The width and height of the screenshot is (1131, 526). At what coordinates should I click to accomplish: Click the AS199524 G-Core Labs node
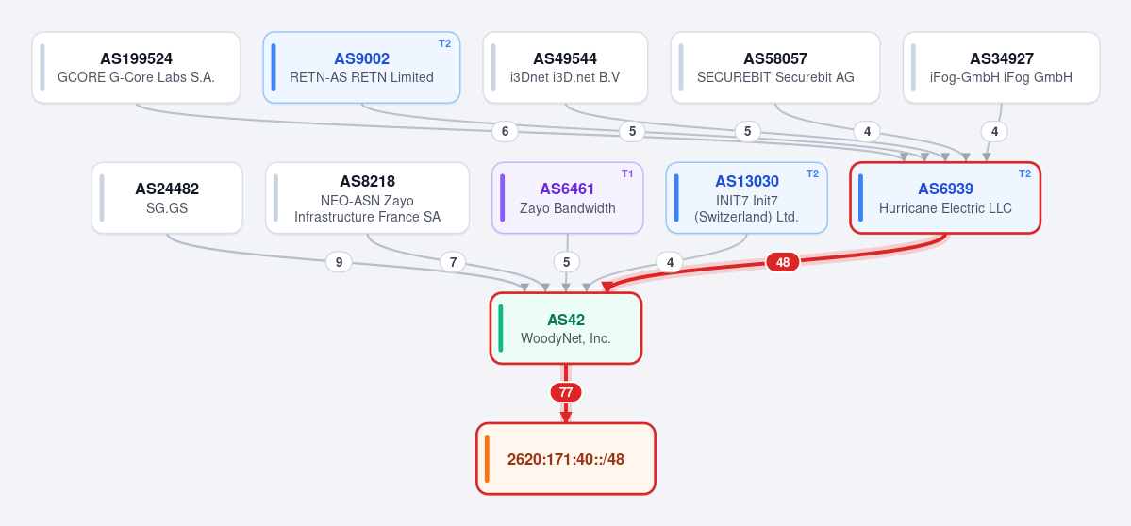pyautogui.click(x=137, y=68)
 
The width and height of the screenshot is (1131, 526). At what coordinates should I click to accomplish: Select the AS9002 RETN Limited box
pyautogui.click(x=361, y=68)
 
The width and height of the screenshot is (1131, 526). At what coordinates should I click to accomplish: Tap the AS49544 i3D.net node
pyautogui.click(x=566, y=68)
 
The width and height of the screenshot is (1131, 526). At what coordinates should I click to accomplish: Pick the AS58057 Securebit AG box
pyautogui.click(x=775, y=68)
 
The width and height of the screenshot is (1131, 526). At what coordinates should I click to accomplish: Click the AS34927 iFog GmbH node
pyautogui.click(x=1001, y=68)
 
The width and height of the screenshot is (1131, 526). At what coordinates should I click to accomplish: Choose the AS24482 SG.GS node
pyautogui.click(x=167, y=198)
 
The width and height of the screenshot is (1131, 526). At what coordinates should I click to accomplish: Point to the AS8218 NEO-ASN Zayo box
pyautogui.click(x=367, y=198)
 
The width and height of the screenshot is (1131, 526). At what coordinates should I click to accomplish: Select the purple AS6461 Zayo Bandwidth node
pyautogui.click(x=568, y=198)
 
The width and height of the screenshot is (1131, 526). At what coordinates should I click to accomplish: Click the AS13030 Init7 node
pyautogui.click(x=746, y=198)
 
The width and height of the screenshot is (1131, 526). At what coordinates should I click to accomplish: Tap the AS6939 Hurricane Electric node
pyautogui.click(x=945, y=198)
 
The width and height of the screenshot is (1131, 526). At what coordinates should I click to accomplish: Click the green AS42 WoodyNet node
pyautogui.click(x=566, y=329)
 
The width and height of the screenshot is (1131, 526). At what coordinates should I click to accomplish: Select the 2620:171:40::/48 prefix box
pyautogui.click(x=566, y=459)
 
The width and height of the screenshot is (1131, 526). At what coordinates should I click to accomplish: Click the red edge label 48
pyautogui.click(x=783, y=262)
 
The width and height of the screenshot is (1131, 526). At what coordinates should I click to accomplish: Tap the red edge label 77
pyautogui.click(x=566, y=393)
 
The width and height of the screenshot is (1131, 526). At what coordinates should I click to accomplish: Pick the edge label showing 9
pyautogui.click(x=339, y=262)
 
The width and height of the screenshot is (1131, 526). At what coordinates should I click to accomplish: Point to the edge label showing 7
pyautogui.click(x=453, y=262)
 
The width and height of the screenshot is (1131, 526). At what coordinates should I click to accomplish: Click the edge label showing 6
pyautogui.click(x=505, y=132)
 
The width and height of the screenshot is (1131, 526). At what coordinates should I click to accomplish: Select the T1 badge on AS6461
pyautogui.click(x=626, y=173)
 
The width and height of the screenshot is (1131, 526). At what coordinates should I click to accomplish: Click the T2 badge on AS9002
pyautogui.click(x=444, y=43)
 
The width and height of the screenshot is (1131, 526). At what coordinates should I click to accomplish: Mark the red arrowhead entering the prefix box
pyautogui.click(x=566, y=418)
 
